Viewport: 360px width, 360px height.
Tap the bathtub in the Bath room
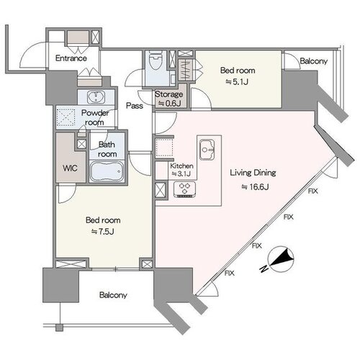pyautogui.click(x=107, y=171)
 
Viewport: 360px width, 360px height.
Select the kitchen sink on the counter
pyautogui.click(x=207, y=150)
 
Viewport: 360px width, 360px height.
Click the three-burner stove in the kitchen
pyautogui.click(x=184, y=190)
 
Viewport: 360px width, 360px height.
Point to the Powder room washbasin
pyautogui.click(x=96, y=97)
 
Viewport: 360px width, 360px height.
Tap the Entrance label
pyautogui.click(x=71, y=58)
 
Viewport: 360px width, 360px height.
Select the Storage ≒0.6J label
pyautogui.click(x=169, y=99)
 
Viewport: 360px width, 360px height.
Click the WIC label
pyautogui.click(x=70, y=168)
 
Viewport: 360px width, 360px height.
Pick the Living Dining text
pyautogui.click(x=253, y=173)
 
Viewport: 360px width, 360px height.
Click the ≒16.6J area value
pyautogui.click(x=255, y=186)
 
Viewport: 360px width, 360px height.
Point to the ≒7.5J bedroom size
pyautogui.click(x=103, y=232)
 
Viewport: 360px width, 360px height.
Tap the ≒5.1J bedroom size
pyautogui.click(x=237, y=82)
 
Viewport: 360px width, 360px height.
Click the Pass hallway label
pyautogui.click(x=135, y=106)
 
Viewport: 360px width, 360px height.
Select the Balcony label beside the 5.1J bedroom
pyautogui.click(x=314, y=61)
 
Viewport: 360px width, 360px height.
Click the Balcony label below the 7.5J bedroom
pyautogui.click(x=113, y=295)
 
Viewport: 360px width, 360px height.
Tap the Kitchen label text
pyautogui.click(x=181, y=166)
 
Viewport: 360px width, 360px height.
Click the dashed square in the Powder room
pyautogui.click(x=66, y=117)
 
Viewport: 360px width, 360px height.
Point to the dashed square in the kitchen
pyautogui.click(x=164, y=148)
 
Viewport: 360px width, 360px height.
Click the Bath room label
pyautogui.click(x=107, y=149)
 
